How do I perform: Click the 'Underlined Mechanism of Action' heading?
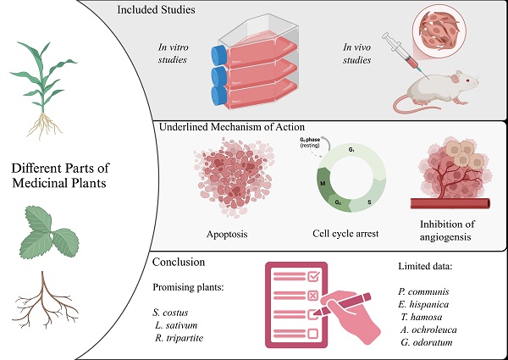pos(231,127)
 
